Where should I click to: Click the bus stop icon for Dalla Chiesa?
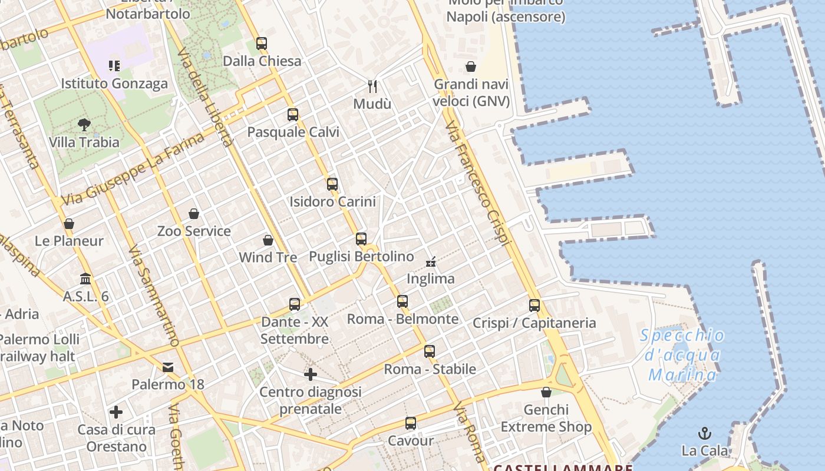[x=262, y=44]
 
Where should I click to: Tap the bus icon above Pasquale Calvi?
[x=293, y=115]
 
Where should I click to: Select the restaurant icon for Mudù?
[x=372, y=87]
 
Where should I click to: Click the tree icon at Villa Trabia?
[x=84, y=125]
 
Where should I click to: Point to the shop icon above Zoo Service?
[x=194, y=214]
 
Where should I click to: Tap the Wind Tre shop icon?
[x=268, y=240]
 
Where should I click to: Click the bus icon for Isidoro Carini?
[x=332, y=184]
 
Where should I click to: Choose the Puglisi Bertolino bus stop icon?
[x=361, y=239]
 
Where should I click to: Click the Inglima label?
[x=431, y=278]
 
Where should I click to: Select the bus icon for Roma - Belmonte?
[x=402, y=301]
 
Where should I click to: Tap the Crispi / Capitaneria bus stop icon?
[x=534, y=306]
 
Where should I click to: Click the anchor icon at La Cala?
[x=705, y=434]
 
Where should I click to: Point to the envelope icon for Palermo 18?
[x=168, y=368]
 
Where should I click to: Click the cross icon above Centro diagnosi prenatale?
[x=311, y=374]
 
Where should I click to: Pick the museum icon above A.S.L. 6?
[x=85, y=278]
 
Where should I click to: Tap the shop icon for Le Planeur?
[x=69, y=224]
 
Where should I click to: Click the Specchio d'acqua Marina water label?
[x=682, y=355]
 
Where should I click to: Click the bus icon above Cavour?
[x=411, y=423]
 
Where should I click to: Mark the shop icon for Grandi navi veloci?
[x=471, y=67]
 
